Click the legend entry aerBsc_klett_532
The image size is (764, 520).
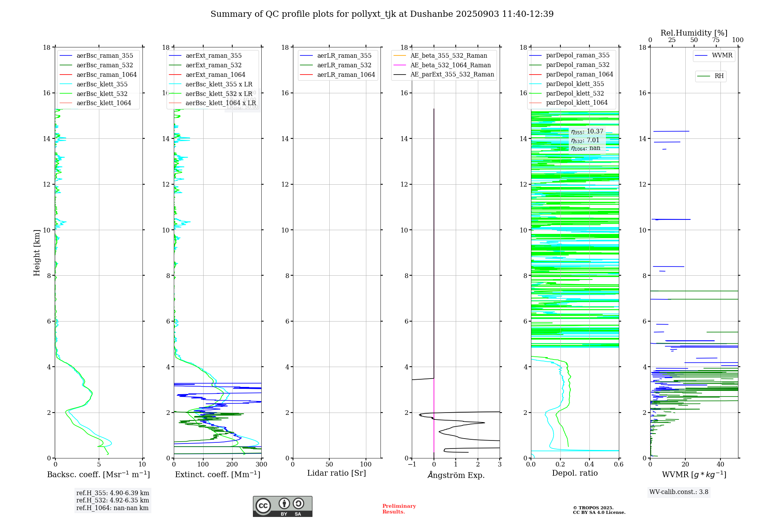[102, 94]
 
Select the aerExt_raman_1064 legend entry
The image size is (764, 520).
[215, 75]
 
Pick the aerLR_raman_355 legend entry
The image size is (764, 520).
[344, 56]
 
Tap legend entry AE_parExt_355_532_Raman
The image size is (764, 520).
[452, 75]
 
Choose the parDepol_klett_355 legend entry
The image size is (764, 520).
[575, 84]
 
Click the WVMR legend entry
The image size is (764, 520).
[722, 55]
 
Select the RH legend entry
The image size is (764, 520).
[719, 76]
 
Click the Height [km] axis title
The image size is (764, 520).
[37, 253]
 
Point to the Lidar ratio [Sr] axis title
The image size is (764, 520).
[337, 473]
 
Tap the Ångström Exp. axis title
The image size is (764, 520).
[456, 475]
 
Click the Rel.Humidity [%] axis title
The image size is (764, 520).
[694, 33]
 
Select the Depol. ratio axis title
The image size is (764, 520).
[575, 473]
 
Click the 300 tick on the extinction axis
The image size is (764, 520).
[262, 465]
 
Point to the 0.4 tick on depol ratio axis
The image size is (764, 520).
[589, 465]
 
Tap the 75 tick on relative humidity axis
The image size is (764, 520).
[716, 40]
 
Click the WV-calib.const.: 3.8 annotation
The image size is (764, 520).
[679, 492]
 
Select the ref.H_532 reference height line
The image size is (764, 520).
[113, 500]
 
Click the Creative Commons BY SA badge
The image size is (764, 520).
[282, 507]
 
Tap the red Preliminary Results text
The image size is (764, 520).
[399, 509]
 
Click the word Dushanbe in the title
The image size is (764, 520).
[430, 14]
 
